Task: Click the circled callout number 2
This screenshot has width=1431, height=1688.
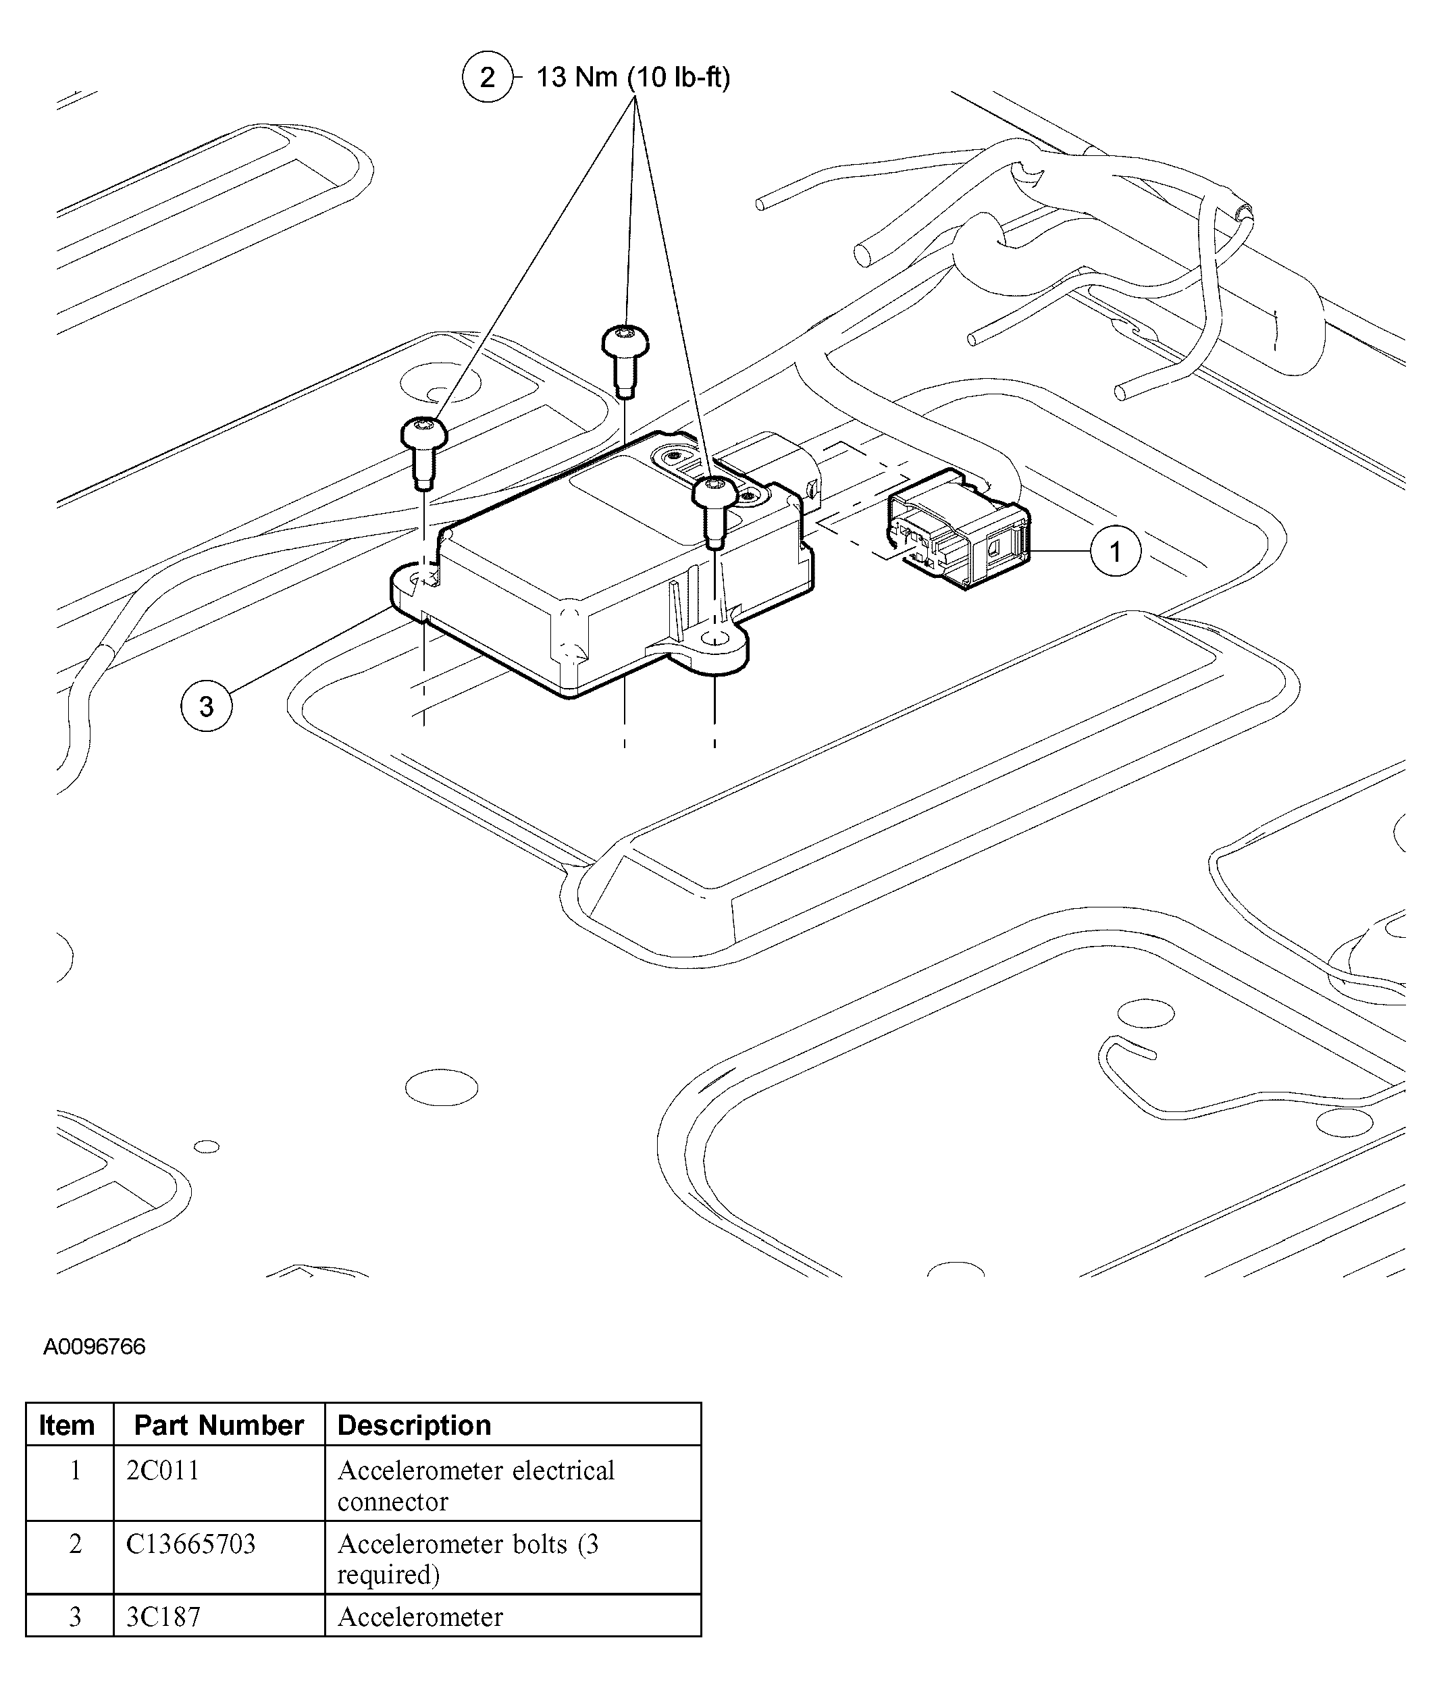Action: tap(487, 77)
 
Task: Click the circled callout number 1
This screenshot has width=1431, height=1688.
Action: tap(1116, 552)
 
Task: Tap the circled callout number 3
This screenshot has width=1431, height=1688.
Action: tap(206, 706)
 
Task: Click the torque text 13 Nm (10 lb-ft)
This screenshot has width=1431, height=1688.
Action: tap(633, 77)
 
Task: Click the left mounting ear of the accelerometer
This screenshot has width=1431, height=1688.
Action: tap(414, 583)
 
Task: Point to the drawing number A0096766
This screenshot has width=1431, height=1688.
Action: tap(94, 1346)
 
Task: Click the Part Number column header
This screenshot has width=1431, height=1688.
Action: tap(218, 1425)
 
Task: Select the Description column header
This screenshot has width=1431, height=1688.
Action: tap(414, 1425)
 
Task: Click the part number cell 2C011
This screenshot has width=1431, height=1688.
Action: tap(162, 1471)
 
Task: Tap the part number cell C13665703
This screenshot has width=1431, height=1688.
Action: tap(190, 1544)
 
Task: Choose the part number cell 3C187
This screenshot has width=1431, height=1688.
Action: tap(162, 1616)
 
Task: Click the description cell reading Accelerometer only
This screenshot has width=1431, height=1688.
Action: tap(419, 1616)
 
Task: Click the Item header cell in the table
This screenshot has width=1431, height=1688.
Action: tap(68, 1425)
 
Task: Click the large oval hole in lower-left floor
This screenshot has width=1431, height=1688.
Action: tap(441, 1087)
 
